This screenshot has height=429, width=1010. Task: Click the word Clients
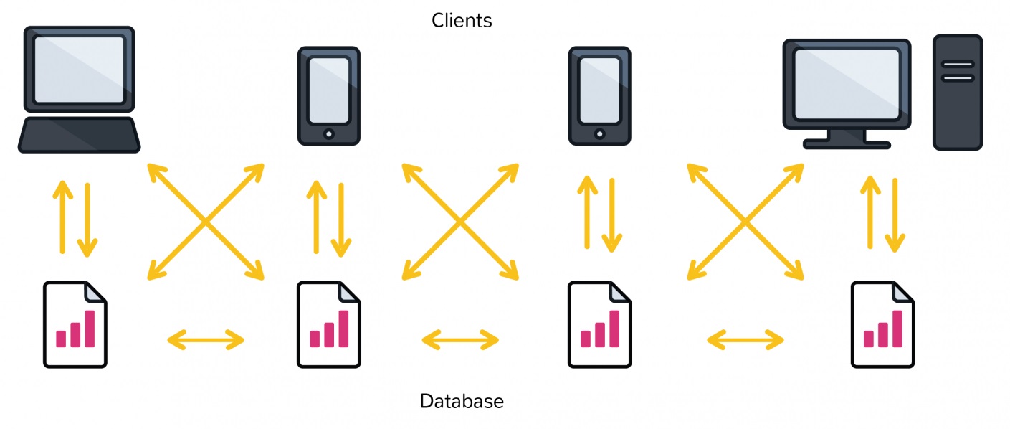462,20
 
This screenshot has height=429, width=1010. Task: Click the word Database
462,401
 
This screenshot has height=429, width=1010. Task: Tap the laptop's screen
79,68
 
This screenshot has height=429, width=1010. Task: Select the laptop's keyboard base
79,135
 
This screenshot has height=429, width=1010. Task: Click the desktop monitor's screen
847,84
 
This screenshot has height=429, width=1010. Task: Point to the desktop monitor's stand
847,138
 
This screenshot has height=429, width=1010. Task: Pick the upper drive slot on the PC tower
958,64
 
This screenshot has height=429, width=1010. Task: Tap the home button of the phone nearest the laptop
329,133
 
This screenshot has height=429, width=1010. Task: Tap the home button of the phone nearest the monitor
599,133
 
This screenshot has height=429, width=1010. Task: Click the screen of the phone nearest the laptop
329,90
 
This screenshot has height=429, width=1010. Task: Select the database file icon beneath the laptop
75,325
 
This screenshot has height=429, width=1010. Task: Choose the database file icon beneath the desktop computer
882,325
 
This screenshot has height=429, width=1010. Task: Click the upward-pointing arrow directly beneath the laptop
63,215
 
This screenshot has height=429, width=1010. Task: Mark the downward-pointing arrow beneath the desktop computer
893,215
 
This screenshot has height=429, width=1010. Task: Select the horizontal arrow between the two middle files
460,339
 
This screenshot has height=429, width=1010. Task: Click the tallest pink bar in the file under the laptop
90,329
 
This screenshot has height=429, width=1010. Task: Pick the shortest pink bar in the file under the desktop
869,338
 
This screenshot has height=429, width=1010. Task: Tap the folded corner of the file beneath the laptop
96,292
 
